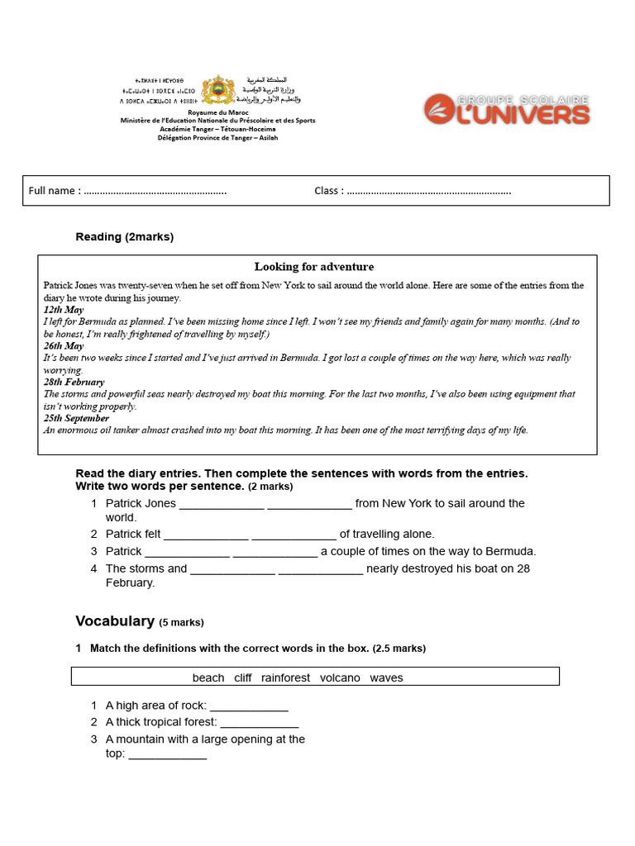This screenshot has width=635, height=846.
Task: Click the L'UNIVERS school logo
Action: (x=507, y=109)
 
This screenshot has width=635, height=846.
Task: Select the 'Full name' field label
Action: (x=55, y=191)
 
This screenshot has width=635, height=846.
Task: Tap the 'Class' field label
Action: (x=328, y=191)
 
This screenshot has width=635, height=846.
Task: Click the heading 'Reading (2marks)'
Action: (x=124, y=237)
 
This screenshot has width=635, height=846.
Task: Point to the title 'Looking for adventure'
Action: (x=314, y=267)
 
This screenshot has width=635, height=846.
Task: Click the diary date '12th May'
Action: (x=64, y=310)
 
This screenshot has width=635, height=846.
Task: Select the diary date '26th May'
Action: (x=64, y=346)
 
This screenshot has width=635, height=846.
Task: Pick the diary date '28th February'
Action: (x=74, y=383)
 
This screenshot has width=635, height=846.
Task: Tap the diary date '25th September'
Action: (x=76, y=418)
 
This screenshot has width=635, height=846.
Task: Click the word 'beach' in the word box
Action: (x=208, y=677)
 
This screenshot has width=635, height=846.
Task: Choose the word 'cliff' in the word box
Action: (x=243, y=677)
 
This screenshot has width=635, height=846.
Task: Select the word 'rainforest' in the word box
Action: (x=286, y=677)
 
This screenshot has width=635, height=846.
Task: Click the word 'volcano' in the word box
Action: (x=340, y=677)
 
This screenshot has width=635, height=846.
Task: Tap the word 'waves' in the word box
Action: (x=386, y=677)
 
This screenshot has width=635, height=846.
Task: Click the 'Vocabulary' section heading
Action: (x=115, y=621)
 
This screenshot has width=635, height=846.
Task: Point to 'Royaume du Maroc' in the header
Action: (x=217, y=112)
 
